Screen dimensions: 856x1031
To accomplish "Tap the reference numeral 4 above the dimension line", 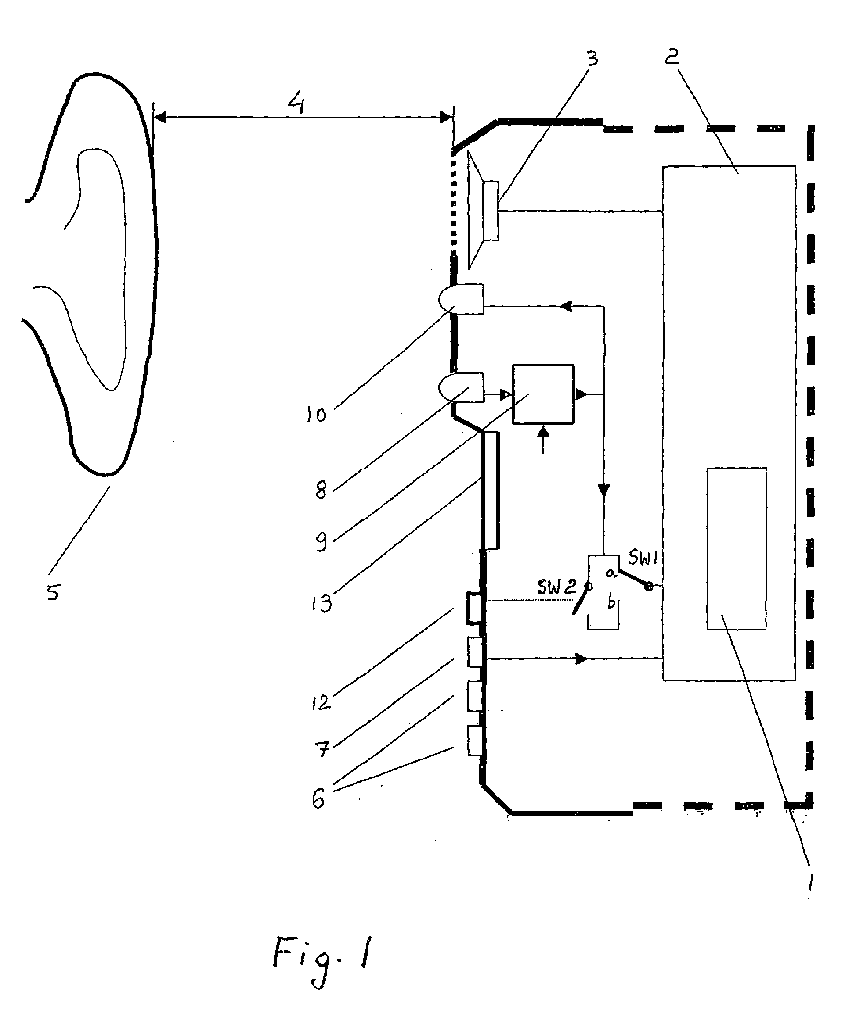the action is click(x=296, y=104).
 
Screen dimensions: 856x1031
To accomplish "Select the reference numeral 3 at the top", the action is click(x=592, y=58).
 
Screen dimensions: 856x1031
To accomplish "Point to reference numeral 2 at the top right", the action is click(x=672, y=57).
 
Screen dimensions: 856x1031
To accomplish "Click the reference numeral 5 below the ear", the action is click(x=53, y=592).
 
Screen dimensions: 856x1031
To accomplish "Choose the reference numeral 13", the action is click(x=322, y=602).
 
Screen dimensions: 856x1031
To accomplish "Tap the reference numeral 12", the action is click(x=321, y=703).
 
